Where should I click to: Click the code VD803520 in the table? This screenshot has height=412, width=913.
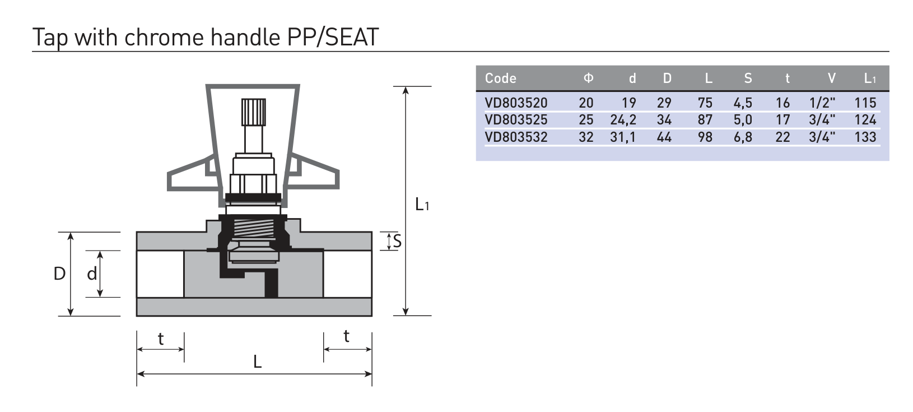516,103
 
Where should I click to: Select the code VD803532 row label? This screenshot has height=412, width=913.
516,137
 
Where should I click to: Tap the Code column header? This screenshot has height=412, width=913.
501,78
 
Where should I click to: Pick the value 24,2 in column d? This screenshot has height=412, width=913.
623,120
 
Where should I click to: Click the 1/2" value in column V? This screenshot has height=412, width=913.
822,103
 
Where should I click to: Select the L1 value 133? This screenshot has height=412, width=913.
865,137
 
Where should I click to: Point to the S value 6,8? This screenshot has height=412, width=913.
743,137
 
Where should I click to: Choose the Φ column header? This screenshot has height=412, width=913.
588,78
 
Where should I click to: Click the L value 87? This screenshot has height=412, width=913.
705,120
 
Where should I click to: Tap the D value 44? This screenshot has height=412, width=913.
664,137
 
